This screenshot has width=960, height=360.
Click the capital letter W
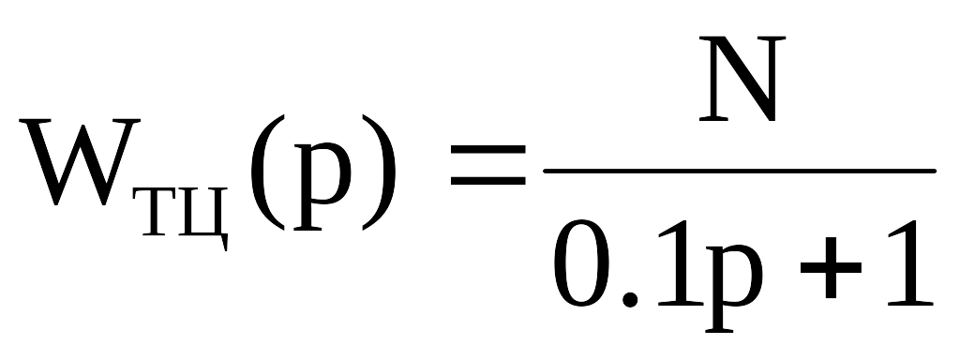tap(80, 162)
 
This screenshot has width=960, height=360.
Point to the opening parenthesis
tap(267, 172)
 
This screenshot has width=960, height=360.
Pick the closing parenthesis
tap(380, 172)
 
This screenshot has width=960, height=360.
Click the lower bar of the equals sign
tap(487, 181)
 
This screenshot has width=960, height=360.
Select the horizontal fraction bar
tap(740, 172)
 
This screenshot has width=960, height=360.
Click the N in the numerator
tap(742, 79)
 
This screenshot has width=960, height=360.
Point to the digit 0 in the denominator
tap(581, 263)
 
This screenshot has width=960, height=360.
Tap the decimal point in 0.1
tap(630, 299)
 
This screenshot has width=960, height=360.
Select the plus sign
tap(831, 267)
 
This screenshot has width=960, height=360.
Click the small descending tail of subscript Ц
tap(225, 243)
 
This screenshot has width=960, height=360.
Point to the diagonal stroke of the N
tap(742, 79)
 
